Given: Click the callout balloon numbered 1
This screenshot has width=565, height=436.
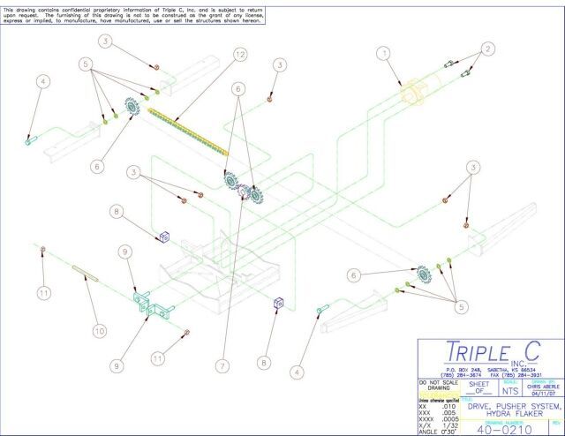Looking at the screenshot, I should pyautogui.click(x=383, y=53).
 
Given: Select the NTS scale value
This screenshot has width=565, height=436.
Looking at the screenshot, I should pyautogui.click(x=509, y=387).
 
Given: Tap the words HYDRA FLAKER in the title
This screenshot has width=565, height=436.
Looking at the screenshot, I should pyautogui.click(x=504, y=410).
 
